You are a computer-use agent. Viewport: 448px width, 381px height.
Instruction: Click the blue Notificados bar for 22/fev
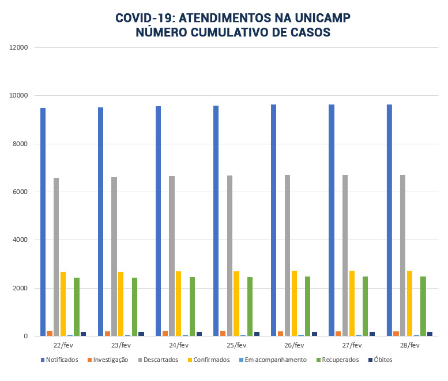click(x=43, y=222)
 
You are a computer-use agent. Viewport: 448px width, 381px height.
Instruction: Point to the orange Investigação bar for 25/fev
click(x=223, y=333)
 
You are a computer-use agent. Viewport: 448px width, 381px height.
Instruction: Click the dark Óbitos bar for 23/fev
click(x=141, y=334)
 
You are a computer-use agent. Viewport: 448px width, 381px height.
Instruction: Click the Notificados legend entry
click(x=59, y=360)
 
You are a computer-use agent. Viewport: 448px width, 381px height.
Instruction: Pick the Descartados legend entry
click(x=159, y=360)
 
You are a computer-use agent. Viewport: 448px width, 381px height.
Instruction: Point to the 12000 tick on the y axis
click(x=19, y=47)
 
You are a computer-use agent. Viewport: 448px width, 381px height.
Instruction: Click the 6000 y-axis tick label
click(x=21, y=192)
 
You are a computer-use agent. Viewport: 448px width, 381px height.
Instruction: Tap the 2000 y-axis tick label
click(x=21, y=288)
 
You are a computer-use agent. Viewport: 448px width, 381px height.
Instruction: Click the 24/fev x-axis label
click(x=179, y=345)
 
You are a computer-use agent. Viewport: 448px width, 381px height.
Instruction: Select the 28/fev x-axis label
click(x=409, y=345)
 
